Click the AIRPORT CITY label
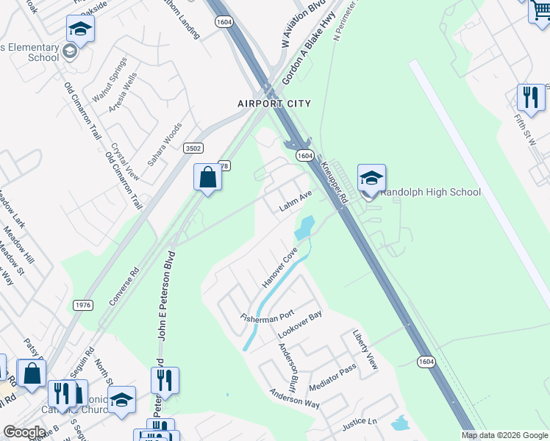pyautogui.click(x=274, y=104)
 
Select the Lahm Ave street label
pyautogui.click(x=296, y=201)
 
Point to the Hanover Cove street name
pyautogui.click(x=279, y=271)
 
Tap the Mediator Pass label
pyautogui.click(x=333, y=376)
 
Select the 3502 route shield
pyautogui.click(x=193, y=148)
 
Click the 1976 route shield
pyautogui.click(x=82, y=304)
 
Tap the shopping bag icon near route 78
pyautogui.click(x=208, y=177)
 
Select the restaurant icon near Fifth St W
pyautogui.click(x=529, y=96)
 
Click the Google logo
pyautogui.click(x=24, y=432)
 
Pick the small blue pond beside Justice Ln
pyautogui.click(x=400, y=423)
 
